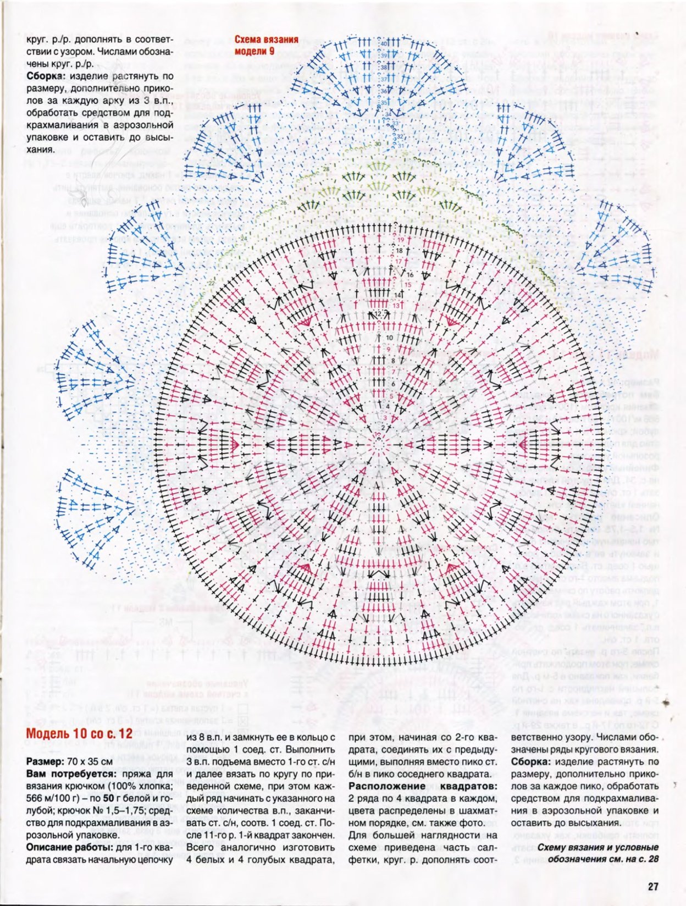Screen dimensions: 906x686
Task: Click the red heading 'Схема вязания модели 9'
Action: point(266,45)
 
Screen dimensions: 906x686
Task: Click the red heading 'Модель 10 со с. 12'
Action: point(79,733)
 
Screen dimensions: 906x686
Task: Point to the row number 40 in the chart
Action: point(384,43)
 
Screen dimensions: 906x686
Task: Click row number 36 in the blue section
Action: point(384,91)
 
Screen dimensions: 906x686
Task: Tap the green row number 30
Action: point(378,143)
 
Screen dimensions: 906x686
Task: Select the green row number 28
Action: point(327,169)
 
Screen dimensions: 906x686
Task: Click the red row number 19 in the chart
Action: point(401,240)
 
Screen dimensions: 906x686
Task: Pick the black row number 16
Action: point(410,274)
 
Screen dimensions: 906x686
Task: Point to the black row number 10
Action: point(389,338)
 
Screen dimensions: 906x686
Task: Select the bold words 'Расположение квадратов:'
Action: point(423,786)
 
